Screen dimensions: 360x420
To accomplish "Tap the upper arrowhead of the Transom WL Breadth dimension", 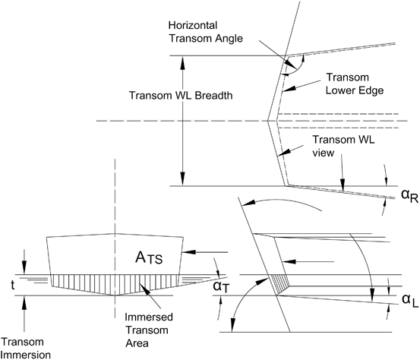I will [x=182, y=59].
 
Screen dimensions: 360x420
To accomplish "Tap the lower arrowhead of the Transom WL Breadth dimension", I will [x=182, y=181].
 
